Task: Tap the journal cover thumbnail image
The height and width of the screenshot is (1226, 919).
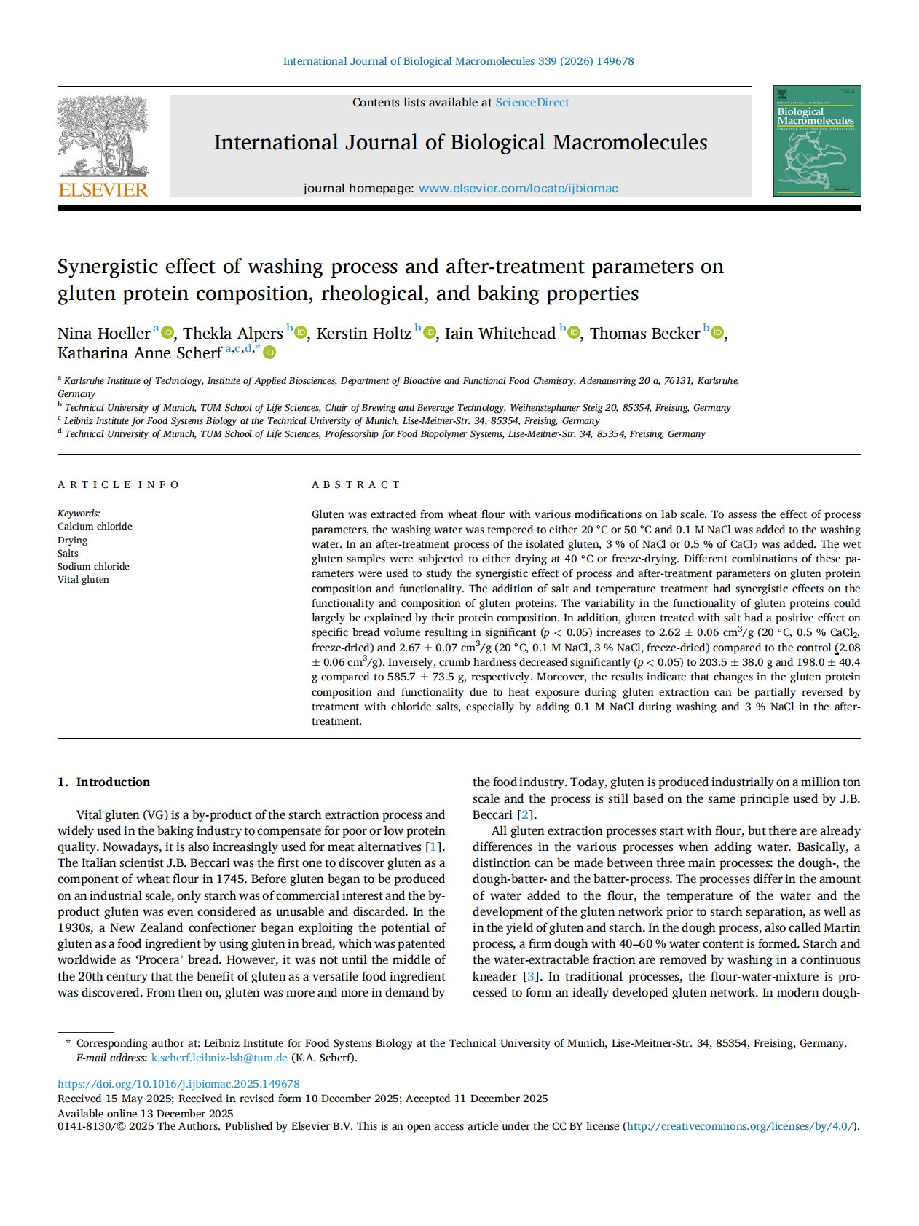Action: tap(816, 141)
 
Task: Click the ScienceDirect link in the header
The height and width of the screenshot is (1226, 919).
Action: tap(532, 103)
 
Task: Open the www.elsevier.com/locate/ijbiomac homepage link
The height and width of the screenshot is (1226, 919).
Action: tap(518, 189)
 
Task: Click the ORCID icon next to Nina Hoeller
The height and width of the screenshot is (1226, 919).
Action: tap(167, 333)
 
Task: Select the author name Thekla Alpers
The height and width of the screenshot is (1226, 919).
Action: tap(232, 334)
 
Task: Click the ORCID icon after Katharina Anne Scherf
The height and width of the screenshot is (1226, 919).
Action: tap(269, 353)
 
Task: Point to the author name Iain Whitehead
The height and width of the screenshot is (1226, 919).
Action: tap(500, 334)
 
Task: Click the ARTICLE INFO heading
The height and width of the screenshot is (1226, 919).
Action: tap(119, 484)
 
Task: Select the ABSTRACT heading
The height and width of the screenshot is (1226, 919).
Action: tap(356, 484)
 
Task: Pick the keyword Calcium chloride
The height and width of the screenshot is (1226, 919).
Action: tap(95, 527)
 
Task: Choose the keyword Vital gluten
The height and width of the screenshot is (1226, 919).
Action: tap(83, 580)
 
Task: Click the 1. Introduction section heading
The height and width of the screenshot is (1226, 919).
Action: tap(104, 782)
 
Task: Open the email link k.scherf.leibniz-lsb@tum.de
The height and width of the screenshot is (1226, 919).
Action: tap(219, 1058)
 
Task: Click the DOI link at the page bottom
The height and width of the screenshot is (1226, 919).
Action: tap(178, 1084)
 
